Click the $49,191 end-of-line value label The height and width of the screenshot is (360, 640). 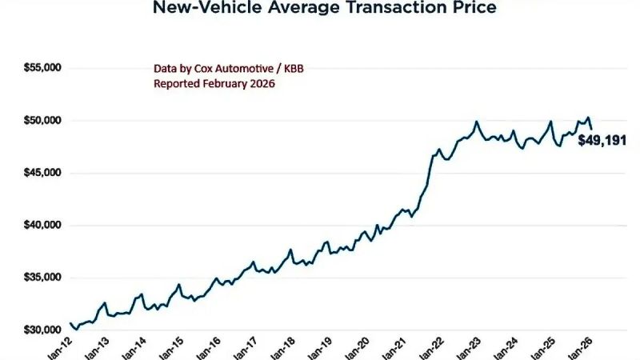click(602, 141)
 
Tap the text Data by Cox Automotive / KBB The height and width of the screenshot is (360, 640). click(228, 69)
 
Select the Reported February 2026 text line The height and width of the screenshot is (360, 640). click(214, 83)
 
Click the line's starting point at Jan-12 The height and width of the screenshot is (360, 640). click(70, 323)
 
